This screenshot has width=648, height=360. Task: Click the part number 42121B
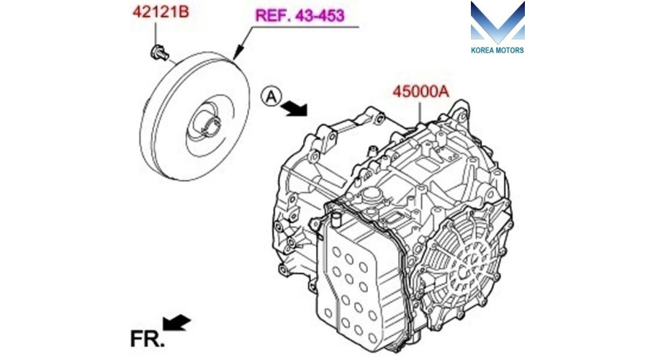point(161,12)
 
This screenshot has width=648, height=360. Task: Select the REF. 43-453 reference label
point(300,16)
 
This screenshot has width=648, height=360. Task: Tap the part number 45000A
point(420,91)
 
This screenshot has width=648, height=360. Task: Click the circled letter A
point(271,96)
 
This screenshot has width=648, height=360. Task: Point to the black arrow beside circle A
point(294,108)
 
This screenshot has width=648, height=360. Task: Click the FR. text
point(147,339)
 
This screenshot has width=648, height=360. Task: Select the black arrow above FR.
point(176,323)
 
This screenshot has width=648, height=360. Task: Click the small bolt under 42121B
point(159,53)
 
